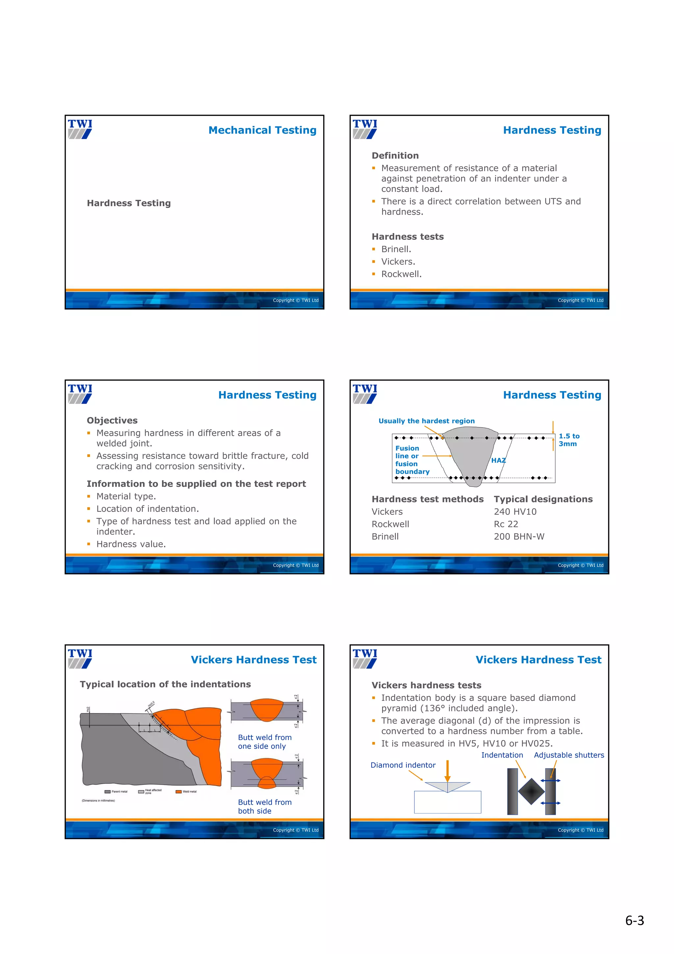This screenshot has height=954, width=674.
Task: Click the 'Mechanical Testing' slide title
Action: pos(262,130)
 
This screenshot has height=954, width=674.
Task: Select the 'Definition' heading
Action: pos(395,155)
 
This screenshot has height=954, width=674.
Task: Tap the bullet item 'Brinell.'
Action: pos(396,249)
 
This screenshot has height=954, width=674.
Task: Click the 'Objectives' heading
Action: pos(112,420)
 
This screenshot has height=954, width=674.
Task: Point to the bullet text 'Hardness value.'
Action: pos(131,544)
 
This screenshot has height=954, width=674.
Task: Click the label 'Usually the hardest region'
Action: pos(426,421)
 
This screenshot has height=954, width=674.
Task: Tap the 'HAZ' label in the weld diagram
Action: pos(498,461)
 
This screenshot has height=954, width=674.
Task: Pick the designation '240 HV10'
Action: pos(515,512)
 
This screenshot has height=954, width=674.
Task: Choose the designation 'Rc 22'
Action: pos(506,524)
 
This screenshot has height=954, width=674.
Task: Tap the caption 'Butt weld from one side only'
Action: pos(265,742)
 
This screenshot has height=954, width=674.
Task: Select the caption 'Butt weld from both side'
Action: pos(265,807)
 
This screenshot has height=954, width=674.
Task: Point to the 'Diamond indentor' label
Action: pos(403,765)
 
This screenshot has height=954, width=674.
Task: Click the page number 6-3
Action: pos(634,921)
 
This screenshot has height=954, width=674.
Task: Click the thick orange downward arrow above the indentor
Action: pos(447,771)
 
